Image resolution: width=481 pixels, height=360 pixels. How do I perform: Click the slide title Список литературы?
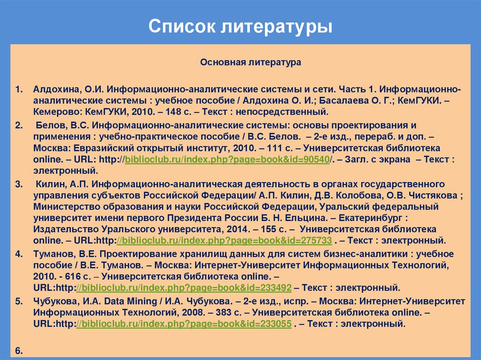pyautogui.click(x=240, y=27)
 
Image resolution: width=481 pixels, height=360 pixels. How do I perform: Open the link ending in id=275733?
pyautogui.click(x=225, y=241)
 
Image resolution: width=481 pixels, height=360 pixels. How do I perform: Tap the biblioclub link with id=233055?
pyautogui.click(x=184, y=323)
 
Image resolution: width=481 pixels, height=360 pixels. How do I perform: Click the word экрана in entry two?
pyautogui.click(x=392, y=160)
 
